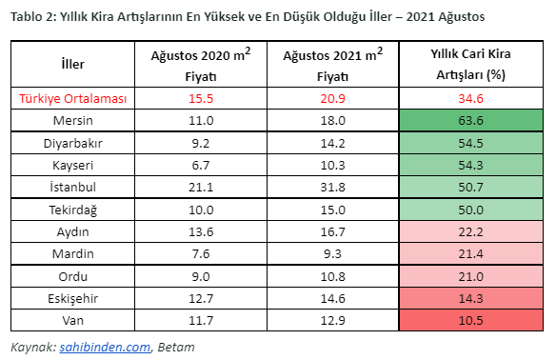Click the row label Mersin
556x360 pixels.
pyautogui.click(x=73, y=121)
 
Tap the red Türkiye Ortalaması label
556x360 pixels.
pyautogui.click(x=73, y=99)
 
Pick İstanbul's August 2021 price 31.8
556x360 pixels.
pyautogui.click(x=332, y=186)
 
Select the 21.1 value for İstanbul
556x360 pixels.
pyautogui.click(x=201, y=186)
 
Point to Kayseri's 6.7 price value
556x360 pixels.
pyautogui.click(x=201, y=164)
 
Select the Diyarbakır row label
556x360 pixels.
pyautogui.click(x=73, y=143)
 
